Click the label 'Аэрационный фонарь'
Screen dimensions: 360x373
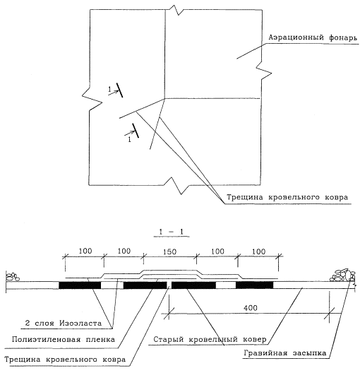click(313, 37)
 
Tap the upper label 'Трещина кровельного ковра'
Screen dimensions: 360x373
click(287, 197)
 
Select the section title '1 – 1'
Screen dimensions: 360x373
click(172, 232)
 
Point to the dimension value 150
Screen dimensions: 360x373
click(169, 251)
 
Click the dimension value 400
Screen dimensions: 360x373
click(251, 308)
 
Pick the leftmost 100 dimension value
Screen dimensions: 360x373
click(85, 251)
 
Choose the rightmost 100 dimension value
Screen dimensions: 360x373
click(258, 251)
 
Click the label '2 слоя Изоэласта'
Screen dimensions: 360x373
click(64, 323)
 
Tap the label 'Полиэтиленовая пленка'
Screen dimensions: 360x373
click(64, 339)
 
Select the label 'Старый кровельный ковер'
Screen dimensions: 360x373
click(210, 339)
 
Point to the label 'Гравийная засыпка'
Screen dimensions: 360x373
click(285, 353)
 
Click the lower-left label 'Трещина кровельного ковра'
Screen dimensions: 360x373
click(65, 359)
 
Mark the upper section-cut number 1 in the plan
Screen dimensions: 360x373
click(109, 90)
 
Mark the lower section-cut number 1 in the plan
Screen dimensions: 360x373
click(129, 139)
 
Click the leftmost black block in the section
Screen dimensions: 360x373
click(80, 285)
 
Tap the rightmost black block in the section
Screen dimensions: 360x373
click(255, 285)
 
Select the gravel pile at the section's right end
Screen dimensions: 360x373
click(343, 276)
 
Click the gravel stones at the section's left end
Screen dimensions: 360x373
click(13, 277)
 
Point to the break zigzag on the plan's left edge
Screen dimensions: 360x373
click(92, 99)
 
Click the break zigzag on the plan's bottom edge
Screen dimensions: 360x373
click(176, 186)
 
